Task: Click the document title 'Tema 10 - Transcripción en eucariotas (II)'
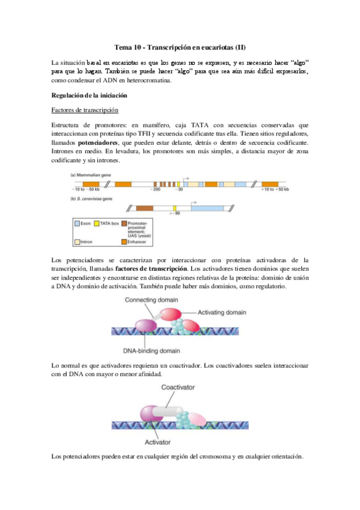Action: coord(179,48)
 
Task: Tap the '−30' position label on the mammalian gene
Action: coord(178,189)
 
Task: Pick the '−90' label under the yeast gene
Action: coord(176,213)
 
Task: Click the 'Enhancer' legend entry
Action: coord(136,241)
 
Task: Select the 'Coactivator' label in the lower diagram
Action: coord(178,388)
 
